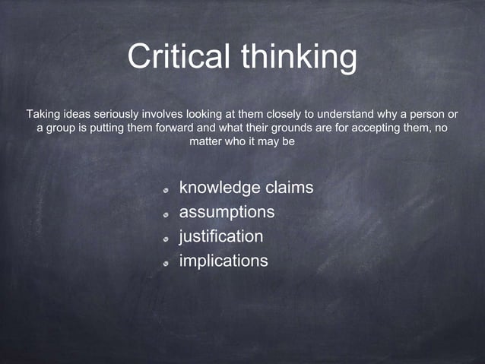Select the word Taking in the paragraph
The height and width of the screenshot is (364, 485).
click(43, 114)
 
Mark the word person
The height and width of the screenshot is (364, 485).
click(424, 114)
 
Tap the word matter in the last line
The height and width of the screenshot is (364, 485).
click(205, 141)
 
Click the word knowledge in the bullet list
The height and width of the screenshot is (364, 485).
click(215, 188)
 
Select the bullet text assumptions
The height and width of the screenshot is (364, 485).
click(227, 212)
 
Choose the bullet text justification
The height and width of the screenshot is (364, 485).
click(221, 236)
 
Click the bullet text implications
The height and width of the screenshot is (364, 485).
click(223, 261)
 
